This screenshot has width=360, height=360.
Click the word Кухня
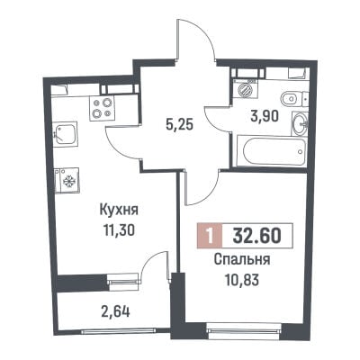point(119,210)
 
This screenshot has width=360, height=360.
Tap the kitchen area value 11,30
point(119,230)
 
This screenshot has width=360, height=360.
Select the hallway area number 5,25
point(179,124)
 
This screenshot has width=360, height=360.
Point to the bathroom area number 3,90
point(265,116)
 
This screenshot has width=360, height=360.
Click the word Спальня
point(242,260)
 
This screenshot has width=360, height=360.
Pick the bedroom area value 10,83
point(242,281)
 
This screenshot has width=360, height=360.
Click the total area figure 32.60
point(257,236)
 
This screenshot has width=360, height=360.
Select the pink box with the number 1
point(210,236)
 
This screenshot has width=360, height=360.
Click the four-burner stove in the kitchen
point(102,108)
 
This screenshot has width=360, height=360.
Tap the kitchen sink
point(65,134)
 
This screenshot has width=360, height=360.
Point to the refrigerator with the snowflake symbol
point(67,180)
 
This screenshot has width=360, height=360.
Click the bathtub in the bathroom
point(272,150)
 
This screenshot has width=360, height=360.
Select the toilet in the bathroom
point(292,97)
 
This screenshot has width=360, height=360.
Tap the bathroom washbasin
point(300,123)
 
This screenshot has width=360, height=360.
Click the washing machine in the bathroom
point(246,89)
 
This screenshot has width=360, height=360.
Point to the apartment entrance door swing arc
point(204,29)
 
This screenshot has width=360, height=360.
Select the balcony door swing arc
point(148,261)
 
